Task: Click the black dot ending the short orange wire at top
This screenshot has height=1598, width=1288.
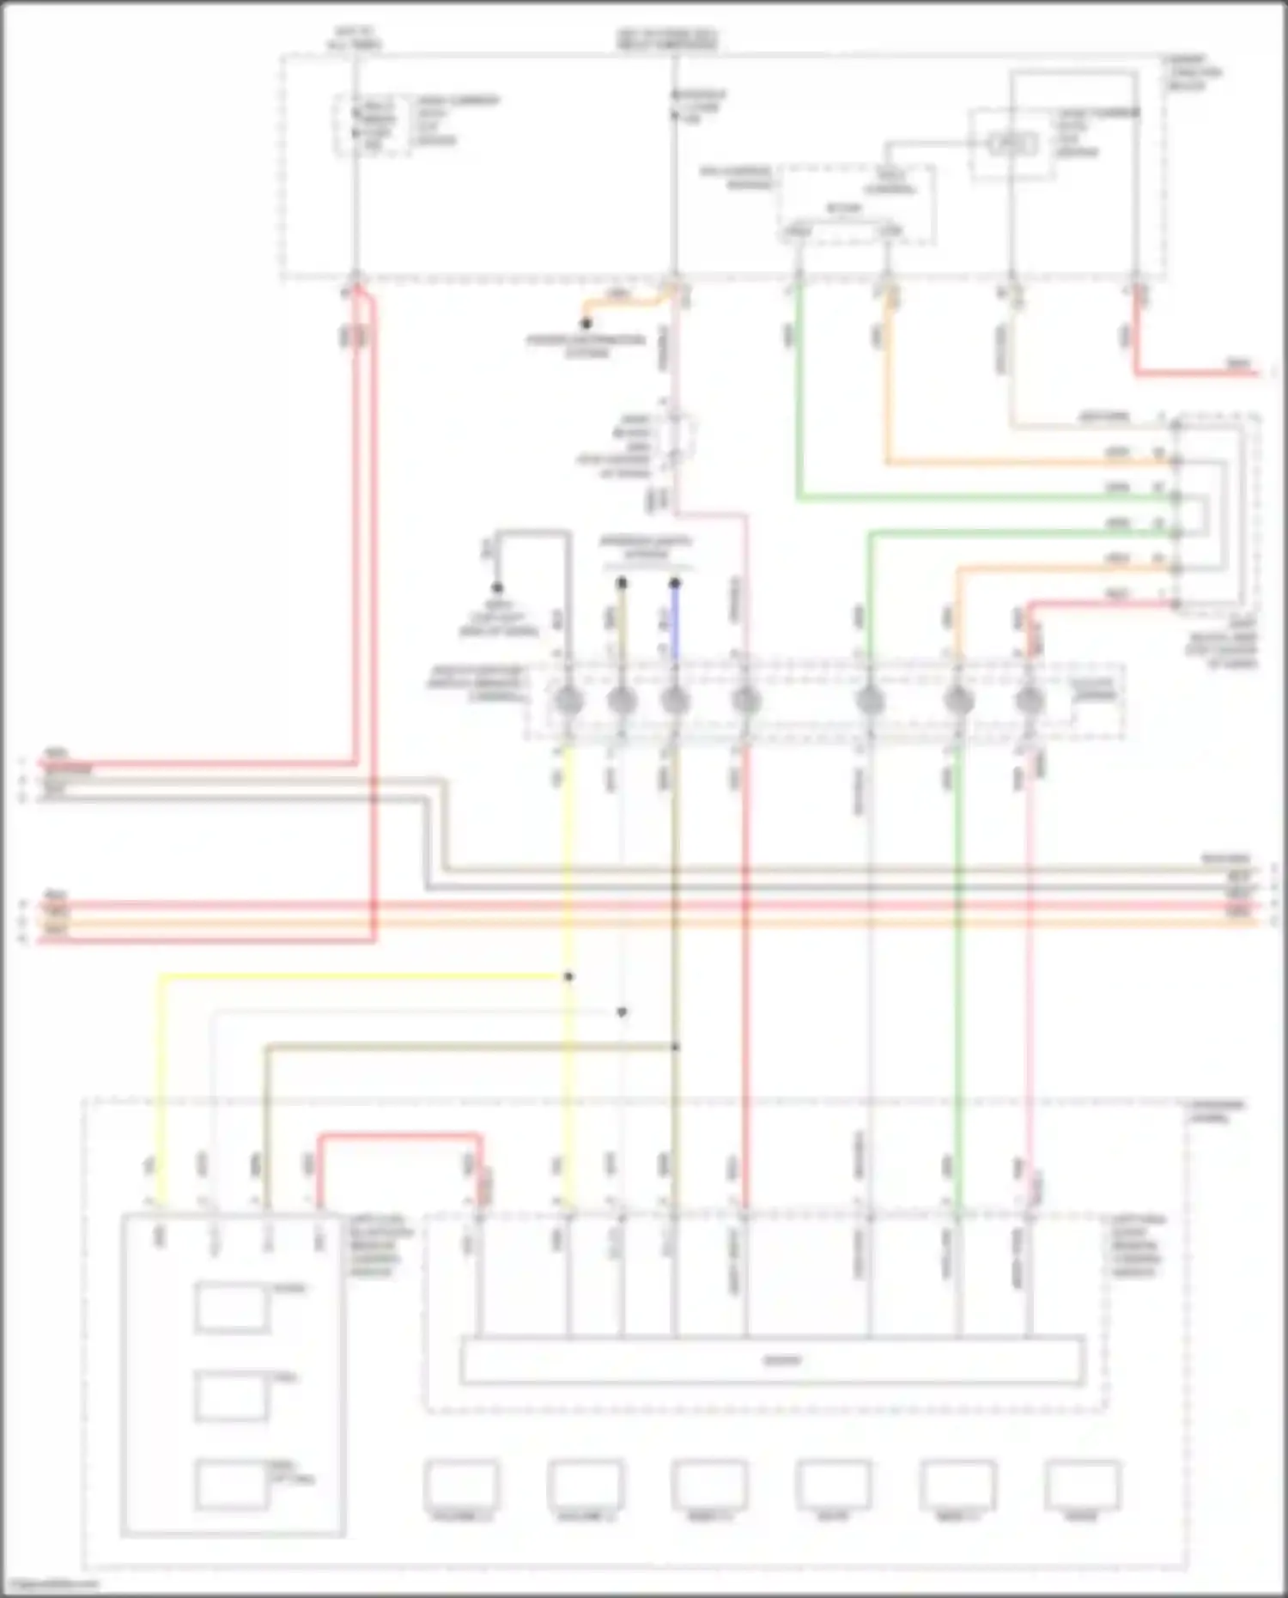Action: tap(586, 325)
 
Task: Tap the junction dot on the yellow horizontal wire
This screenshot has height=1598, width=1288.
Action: tap(568, 976)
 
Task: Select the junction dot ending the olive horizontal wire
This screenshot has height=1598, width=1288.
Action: tap(675, 1047)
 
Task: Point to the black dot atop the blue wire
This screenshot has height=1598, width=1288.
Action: tap(675, 584)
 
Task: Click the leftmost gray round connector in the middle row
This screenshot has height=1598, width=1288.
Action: tap(568, 702)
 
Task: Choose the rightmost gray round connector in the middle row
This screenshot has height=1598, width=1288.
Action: tap(1029, 702)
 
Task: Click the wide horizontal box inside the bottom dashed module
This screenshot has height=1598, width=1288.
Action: tap(771, 1360)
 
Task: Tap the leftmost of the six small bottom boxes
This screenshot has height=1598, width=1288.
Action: tap(461, 1485)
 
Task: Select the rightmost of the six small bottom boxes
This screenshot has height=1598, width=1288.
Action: tap(1082, 1485)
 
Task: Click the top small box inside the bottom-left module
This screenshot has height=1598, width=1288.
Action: tap(230, 1308)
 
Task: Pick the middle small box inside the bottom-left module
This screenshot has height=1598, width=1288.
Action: tap(230, 1397)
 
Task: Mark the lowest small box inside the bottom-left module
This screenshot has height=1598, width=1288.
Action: tap(230, 1485)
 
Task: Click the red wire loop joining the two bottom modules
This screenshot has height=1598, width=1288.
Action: tap(399, 1137)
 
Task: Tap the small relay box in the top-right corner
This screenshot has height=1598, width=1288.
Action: tap(1012, 143)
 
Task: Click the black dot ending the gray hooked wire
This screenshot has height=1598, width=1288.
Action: tap(497, 588)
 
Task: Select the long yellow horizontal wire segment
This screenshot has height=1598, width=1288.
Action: tap(361, 976)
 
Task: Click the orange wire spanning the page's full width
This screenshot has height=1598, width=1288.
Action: tap(644, 922)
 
